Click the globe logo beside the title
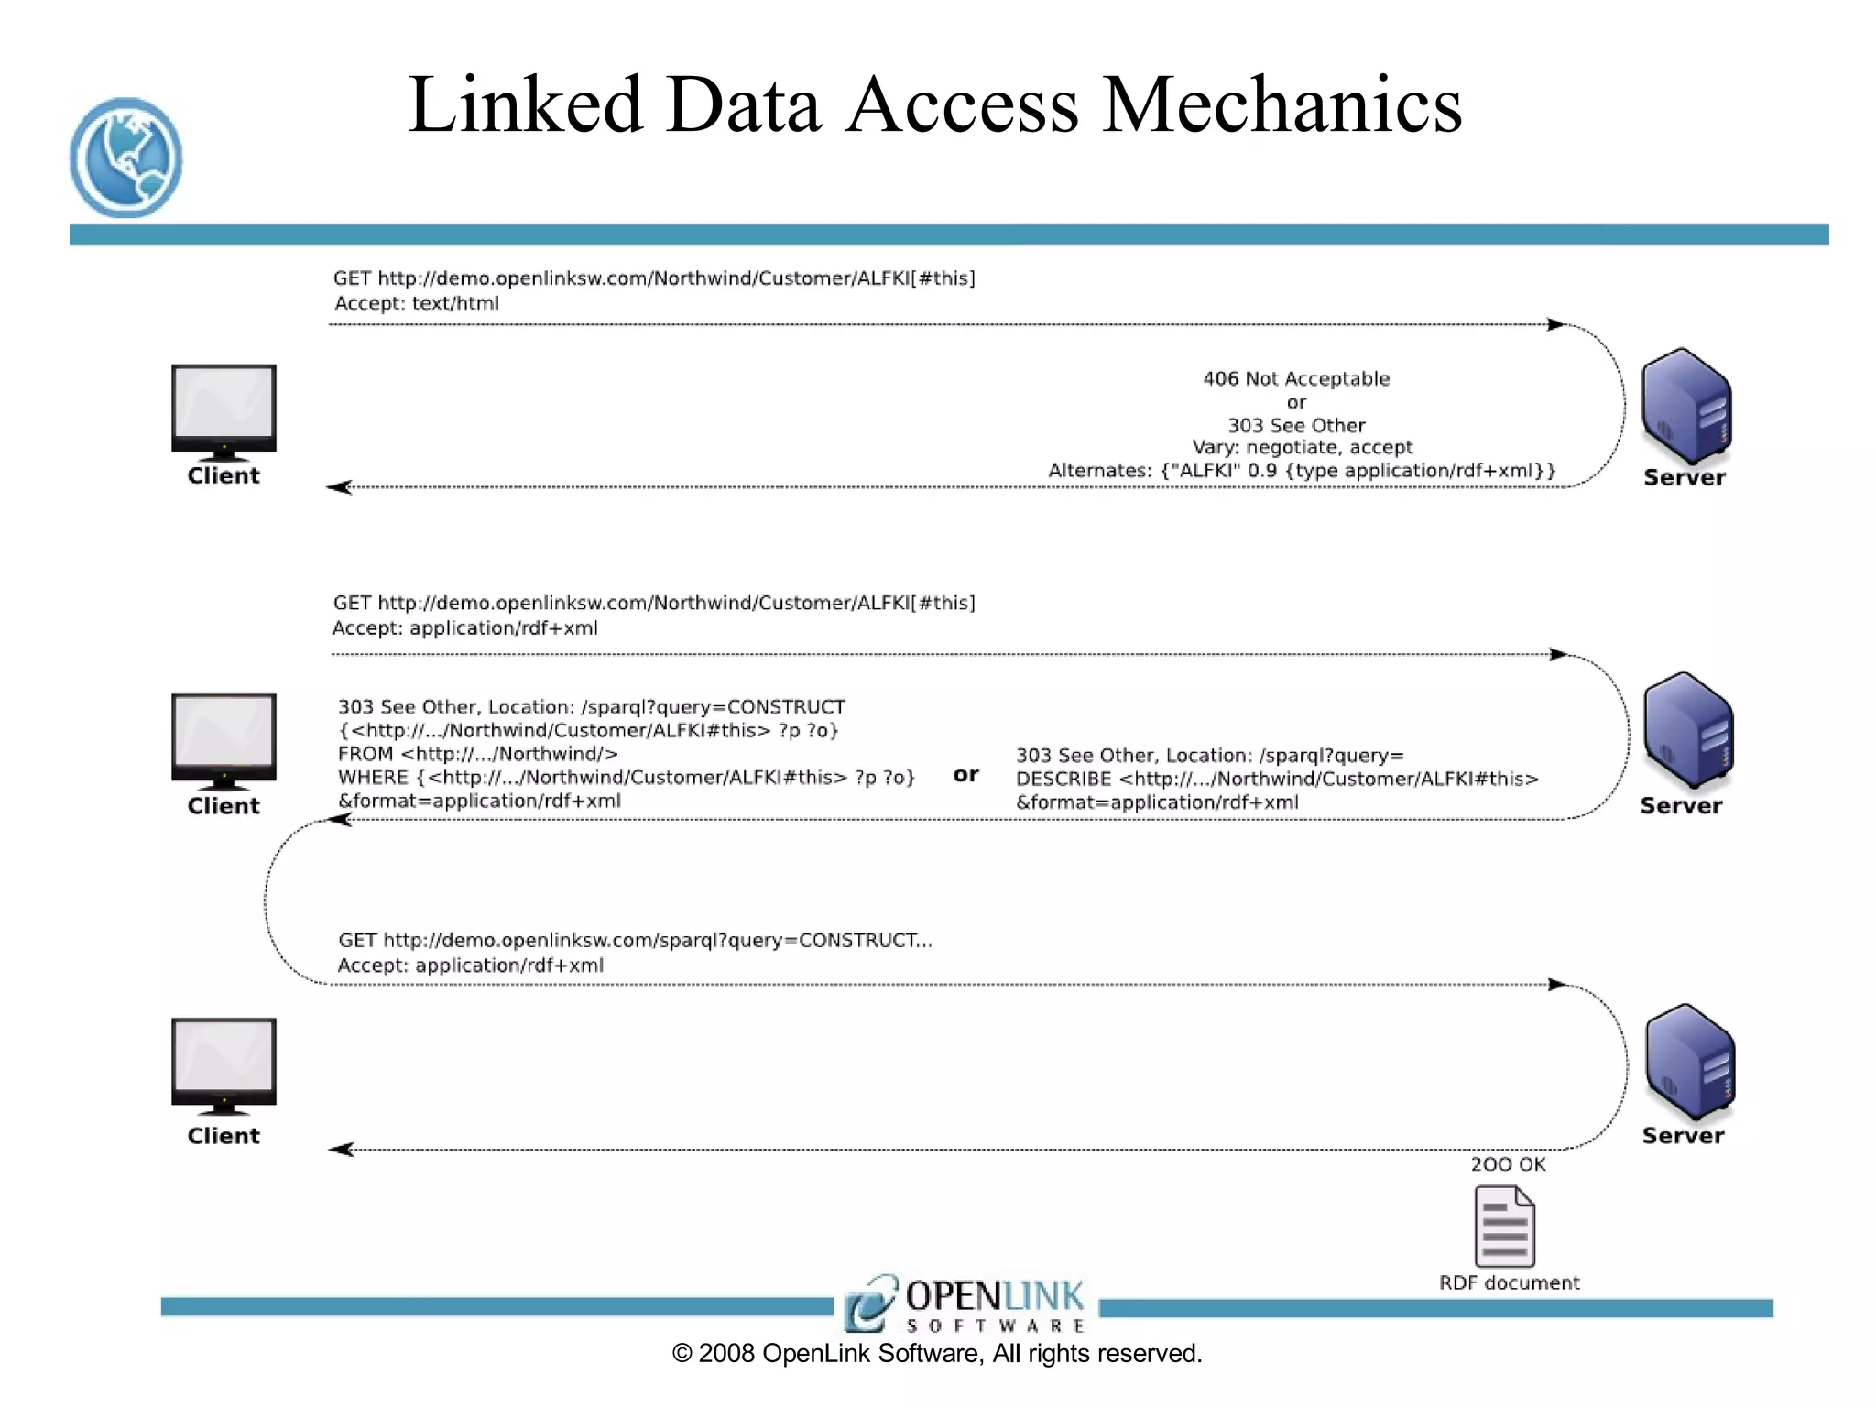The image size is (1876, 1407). [125, 158]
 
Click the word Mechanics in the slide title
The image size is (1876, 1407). [1282, 105]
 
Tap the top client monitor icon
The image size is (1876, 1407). [224, 409]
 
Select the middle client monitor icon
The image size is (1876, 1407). [224, 739]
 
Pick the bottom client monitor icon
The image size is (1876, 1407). [224, 1065]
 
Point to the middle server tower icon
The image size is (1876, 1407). [1688, 730]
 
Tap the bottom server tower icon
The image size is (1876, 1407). [1690, 1062]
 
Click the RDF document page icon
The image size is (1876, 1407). [1504, 1226]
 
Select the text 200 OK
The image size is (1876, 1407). [1508, 1164]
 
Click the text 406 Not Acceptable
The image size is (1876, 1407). [1296, 378]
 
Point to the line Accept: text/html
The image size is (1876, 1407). [417, 303]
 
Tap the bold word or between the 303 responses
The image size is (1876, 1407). [965, 775]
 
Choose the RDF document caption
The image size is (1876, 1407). [1509, 1282]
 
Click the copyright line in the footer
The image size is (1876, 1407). [937, 1354]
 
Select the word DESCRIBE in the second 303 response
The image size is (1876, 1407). [1063, 780]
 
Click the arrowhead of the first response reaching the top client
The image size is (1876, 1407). [339, 487]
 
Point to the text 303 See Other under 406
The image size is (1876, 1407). [1296, 425]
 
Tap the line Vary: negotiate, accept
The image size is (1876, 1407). [1302, 447]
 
